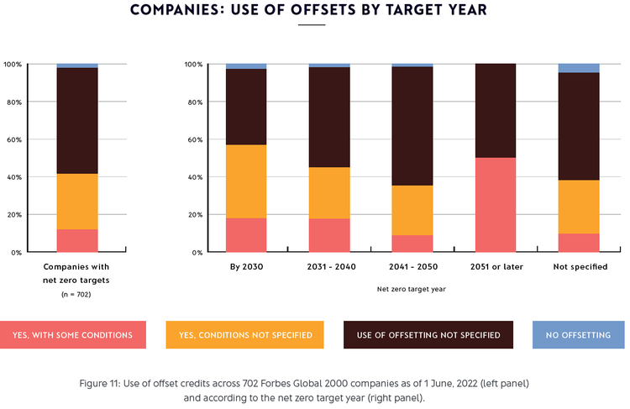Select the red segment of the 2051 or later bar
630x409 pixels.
[496, 205]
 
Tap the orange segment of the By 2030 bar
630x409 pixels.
[246, 181]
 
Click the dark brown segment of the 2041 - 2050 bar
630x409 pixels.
[412, 126]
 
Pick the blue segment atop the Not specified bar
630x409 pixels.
[579, 68]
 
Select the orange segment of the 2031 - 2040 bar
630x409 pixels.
[329, 192]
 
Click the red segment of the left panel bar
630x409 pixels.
[77, 240]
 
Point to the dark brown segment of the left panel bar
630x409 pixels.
[77, 121]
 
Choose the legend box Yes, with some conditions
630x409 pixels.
[73, 335]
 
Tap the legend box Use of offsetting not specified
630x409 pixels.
[428, 335]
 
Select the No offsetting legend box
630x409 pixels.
[579, 335]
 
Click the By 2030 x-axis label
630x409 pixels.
[246, 267]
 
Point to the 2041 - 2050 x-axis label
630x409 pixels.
[412, 267]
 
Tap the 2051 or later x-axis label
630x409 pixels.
[496, 267]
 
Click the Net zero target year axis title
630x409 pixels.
[412, 288]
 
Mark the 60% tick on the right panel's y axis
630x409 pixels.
[192, 139]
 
